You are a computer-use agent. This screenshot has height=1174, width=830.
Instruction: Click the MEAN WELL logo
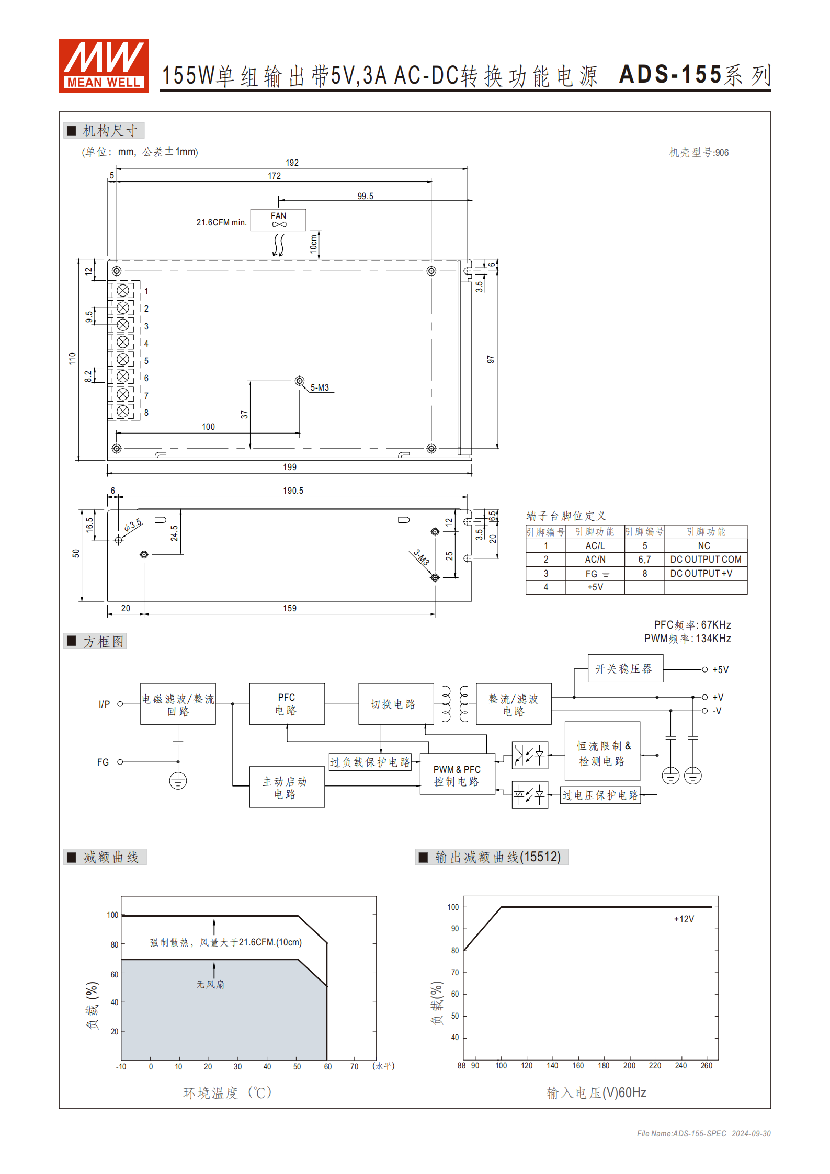(104, 66)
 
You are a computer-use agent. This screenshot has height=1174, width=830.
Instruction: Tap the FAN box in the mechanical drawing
(278, 220)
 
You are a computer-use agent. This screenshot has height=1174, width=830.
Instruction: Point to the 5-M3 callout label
(320, 387)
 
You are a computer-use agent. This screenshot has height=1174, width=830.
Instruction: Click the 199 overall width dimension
(290, 467)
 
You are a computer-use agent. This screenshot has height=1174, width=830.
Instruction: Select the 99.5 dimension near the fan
(365, 196)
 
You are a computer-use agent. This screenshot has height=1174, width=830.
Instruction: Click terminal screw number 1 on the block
(123, 290)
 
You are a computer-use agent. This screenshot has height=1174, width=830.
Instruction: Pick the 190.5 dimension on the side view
(293, 491)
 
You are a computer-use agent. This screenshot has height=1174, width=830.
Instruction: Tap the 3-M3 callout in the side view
(421, 557)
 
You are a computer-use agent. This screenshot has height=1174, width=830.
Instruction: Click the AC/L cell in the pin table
(595, 545)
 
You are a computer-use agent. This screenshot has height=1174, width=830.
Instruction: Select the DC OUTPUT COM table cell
(706, 560)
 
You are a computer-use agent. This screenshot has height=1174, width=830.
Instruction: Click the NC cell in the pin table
(704, 545)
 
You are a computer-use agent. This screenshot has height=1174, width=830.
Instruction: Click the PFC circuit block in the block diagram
(287, 704)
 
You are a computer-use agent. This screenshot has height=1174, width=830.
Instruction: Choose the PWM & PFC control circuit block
(457, 775)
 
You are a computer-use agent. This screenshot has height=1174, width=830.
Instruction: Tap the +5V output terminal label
(720, 669)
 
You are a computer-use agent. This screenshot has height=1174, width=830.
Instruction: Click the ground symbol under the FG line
(178, 781)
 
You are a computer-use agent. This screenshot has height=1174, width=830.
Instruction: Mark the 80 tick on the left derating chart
(114, 945)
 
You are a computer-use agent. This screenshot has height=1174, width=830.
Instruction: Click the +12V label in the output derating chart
(684, 919)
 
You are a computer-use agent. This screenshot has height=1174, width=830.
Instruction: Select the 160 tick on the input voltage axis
(578, 1066)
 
